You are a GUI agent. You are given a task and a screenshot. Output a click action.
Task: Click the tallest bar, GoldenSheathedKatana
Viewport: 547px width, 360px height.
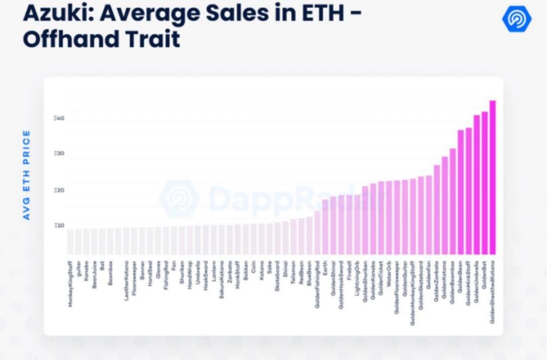[x=492, y=177]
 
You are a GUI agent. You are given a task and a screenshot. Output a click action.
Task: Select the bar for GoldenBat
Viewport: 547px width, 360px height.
[x=484, y=183]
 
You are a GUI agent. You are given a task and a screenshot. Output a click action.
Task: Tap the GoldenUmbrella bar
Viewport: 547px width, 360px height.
[x=476, y=185]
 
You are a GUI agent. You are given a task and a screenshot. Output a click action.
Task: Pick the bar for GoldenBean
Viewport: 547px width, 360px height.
[x=460, y=192]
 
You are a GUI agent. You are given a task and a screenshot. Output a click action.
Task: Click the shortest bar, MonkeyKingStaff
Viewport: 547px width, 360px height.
[x=70, y=242]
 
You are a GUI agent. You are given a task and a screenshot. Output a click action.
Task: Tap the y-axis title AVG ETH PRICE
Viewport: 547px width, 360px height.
[x=27, y=175]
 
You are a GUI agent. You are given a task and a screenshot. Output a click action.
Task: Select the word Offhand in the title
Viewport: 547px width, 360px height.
[x=67, y=39]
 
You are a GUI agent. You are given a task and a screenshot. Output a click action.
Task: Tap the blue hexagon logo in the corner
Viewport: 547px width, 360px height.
[x=517, y=19]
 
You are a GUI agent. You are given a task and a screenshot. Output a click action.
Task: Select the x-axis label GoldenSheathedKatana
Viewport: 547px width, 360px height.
[x=492, y=292]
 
